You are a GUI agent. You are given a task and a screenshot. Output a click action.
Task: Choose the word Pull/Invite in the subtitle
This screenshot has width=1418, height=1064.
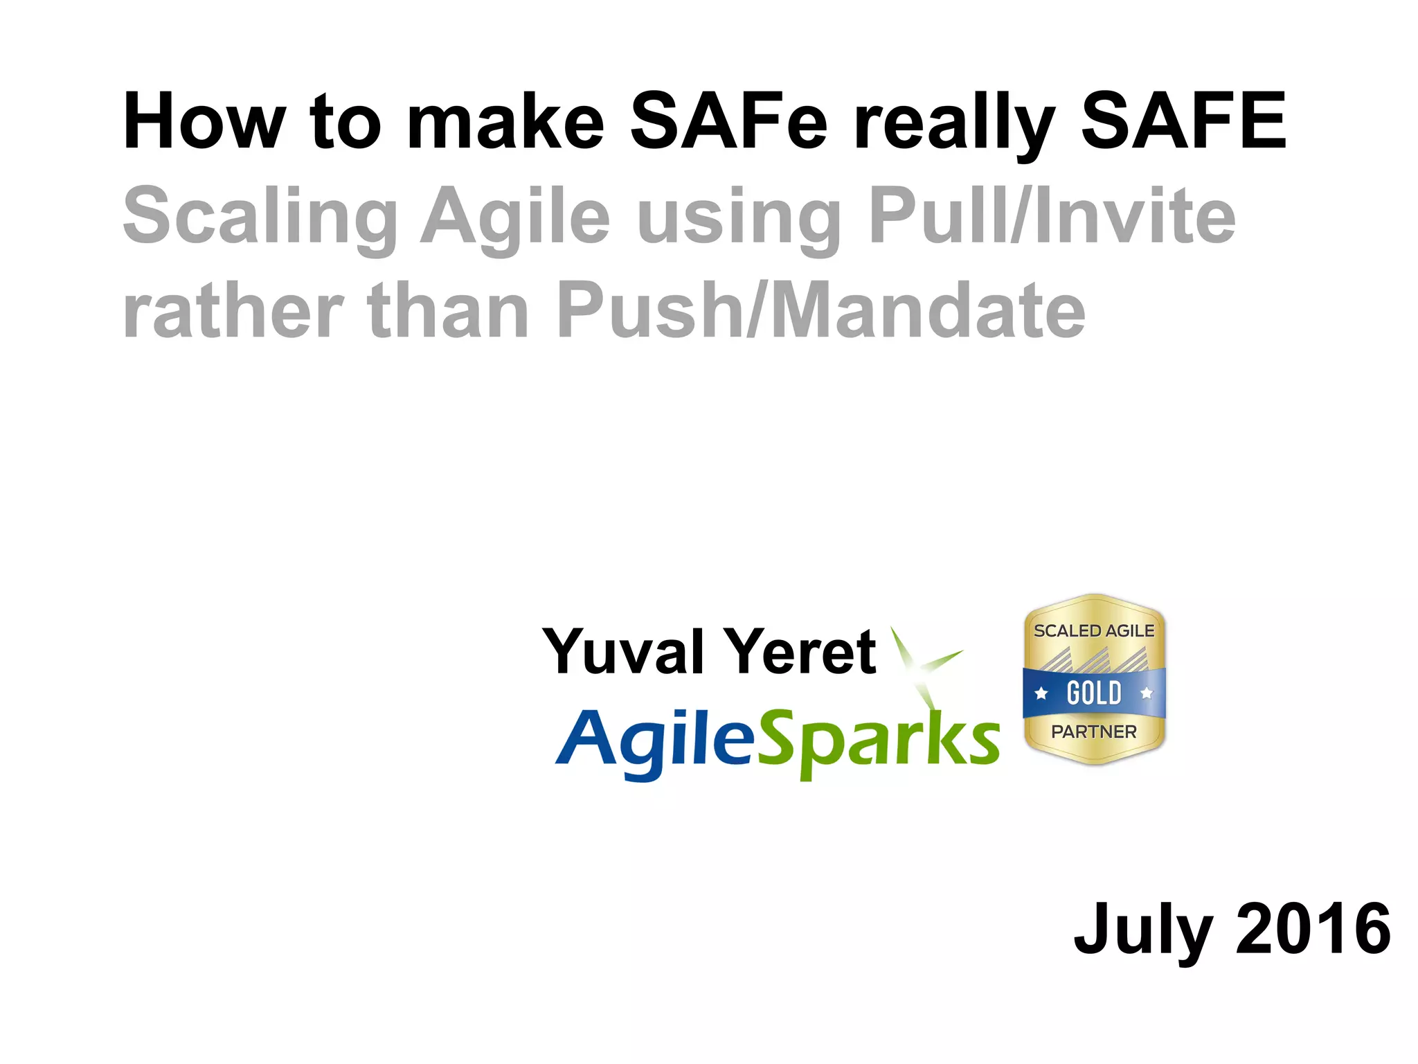[1052, 216]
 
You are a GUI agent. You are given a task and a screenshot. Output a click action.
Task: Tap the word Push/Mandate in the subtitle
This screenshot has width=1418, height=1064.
[820, 312]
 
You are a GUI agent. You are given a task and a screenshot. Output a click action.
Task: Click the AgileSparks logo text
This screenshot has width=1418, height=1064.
[777, 741]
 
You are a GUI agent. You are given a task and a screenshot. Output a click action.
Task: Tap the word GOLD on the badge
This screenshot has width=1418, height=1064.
[1094, 693]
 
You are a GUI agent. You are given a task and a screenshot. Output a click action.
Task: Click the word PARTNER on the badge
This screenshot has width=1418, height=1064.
[1094, 731]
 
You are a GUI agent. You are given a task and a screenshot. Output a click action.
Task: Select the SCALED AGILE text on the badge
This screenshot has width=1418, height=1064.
[1094, 631]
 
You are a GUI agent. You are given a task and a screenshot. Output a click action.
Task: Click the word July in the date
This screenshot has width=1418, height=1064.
[1142, 930]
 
